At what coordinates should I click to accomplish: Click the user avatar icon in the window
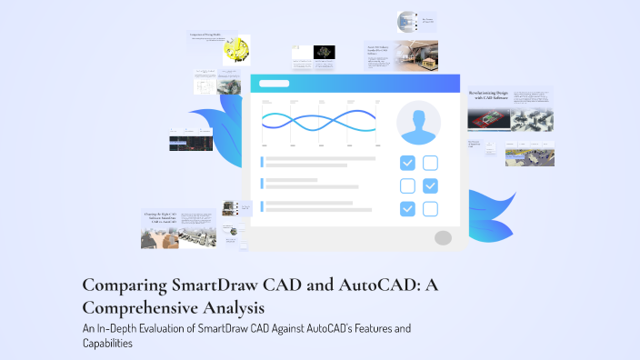pos(418,124)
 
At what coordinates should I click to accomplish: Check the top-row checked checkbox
pos(408,164)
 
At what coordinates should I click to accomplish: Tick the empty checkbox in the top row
pos(431,164)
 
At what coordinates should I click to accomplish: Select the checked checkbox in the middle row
pos(431,186)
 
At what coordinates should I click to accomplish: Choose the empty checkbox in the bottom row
pos(431,209)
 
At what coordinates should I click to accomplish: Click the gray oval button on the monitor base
pos(443,238)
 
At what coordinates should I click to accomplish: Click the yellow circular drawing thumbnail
pos(236,51)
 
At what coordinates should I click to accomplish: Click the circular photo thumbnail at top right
pos(405,22)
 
